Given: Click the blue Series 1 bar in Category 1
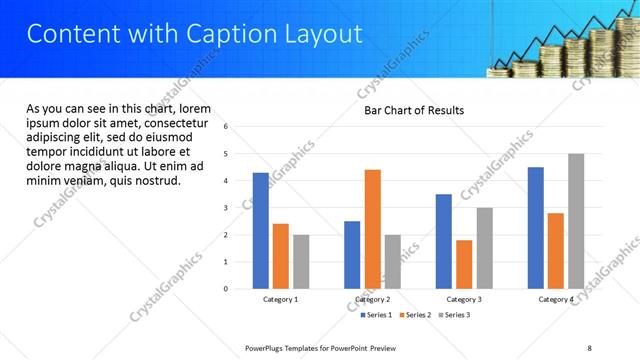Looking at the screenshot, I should tap(261, 231).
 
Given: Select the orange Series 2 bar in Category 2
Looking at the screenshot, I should tap(373, 229).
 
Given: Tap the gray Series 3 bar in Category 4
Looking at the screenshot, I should tap(576, 221).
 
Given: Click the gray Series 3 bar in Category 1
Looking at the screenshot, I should tap(301, 262).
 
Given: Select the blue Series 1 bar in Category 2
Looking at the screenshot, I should tap(352, 255).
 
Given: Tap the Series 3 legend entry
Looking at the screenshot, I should tap(456, 315).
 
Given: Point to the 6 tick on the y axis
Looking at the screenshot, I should tap(226, 127).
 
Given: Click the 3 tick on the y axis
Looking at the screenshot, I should tap(226, 208).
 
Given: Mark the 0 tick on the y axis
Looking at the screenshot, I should tap(226, 289).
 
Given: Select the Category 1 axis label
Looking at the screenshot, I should tap(281, 299).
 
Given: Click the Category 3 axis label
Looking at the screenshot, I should tap(464, 299).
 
